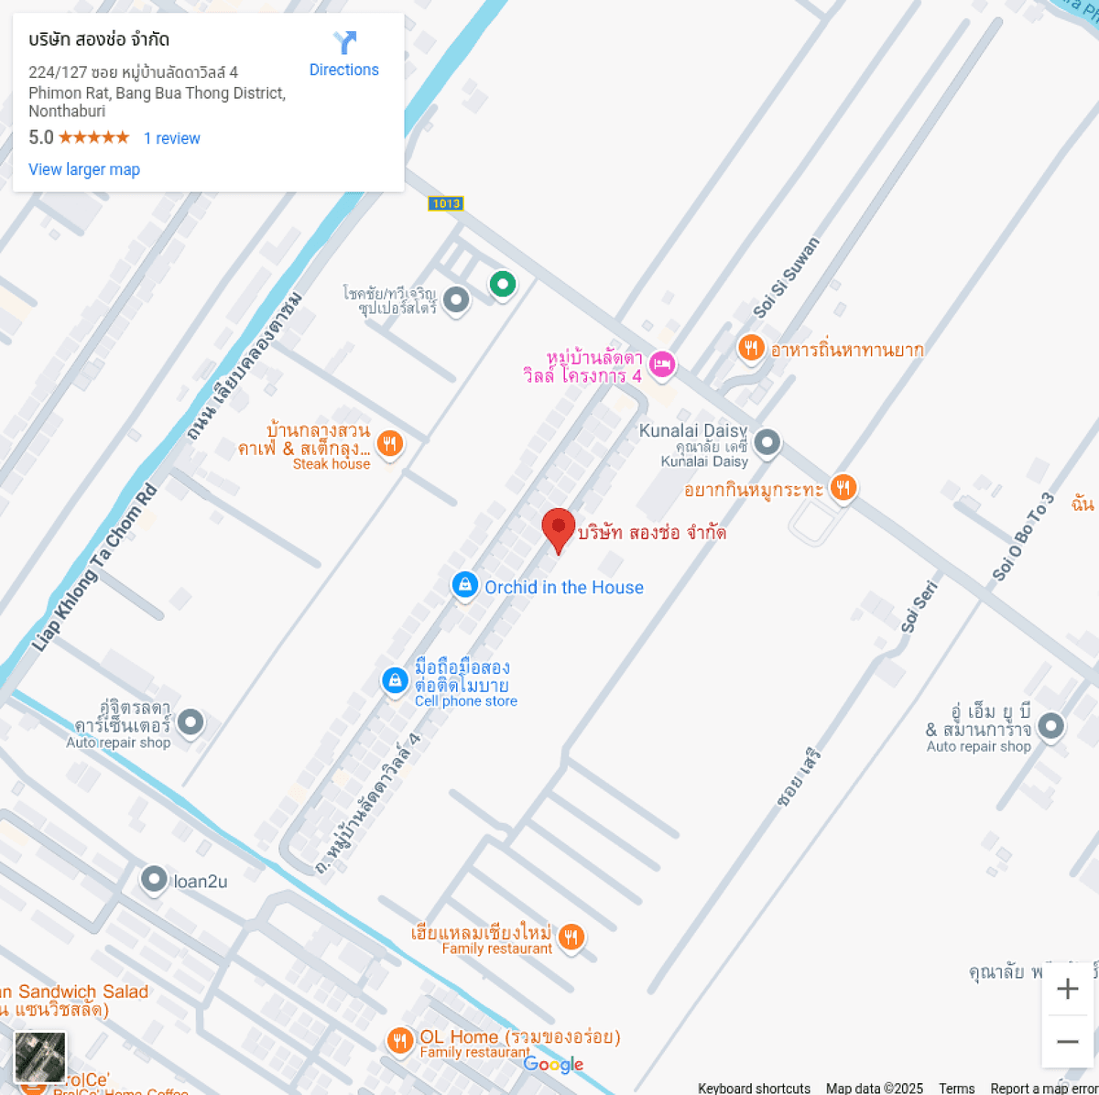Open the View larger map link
84,169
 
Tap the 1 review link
171,138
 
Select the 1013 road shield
446,203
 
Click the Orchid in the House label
563,588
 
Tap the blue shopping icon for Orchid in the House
465,584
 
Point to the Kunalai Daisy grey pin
767,443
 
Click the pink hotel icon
661,364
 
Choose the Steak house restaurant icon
390,444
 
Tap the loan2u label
200,882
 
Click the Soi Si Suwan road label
786,277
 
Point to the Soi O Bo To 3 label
1023,537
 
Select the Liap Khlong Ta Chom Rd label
94,568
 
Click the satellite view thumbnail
40,1057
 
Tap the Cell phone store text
465,701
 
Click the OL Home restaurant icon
399,1040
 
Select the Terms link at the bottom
956,1088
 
